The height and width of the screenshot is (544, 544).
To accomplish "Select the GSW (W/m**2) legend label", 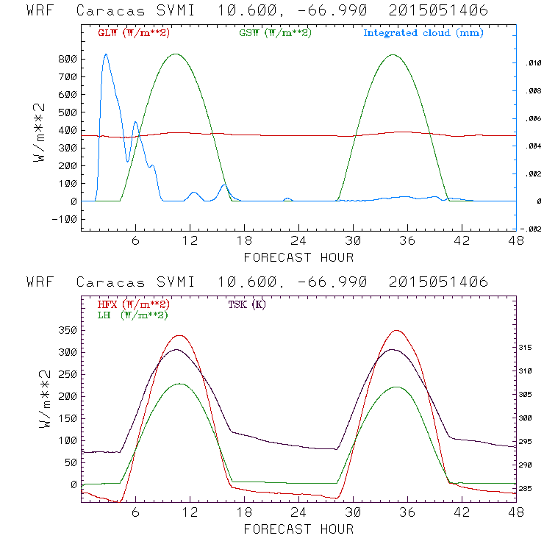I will tap(274, 33).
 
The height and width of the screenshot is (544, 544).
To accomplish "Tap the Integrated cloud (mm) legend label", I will tap(423, 33).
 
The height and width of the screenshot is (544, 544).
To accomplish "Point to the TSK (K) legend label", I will tap(248, 304).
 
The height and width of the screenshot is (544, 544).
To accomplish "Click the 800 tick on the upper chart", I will tap(67, 59).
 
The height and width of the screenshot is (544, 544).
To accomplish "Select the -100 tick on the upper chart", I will tap(64, 219).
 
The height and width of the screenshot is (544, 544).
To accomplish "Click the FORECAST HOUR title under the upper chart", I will tap(298, 257).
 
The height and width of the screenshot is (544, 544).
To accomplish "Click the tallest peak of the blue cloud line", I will tap(106, 54).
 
